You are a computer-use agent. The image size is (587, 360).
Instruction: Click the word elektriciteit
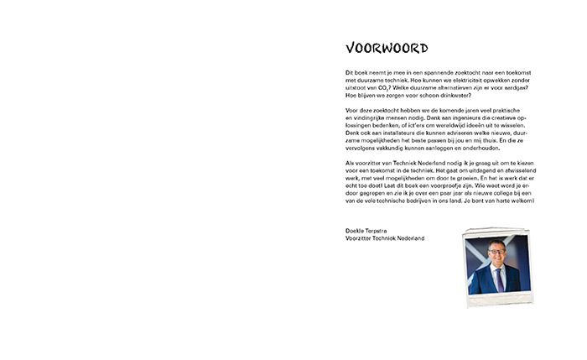(x=448, y=80)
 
